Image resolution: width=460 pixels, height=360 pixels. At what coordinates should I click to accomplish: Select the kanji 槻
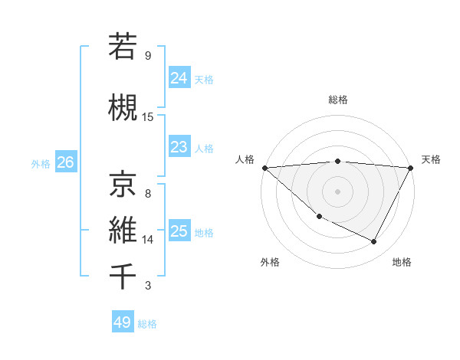(x=123, y=108)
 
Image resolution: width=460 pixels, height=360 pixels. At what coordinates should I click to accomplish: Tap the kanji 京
(x=123, y=183)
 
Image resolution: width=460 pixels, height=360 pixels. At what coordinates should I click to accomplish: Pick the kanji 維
(x=123, y=230)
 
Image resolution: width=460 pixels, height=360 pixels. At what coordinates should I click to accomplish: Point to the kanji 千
(x=123, y=277)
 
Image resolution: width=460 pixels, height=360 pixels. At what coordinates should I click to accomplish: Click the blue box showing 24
(x=179, y=78)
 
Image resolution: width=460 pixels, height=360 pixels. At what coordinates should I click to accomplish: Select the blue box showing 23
(x=179, y=147)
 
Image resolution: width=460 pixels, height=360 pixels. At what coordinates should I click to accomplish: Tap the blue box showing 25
(x=179, y=231)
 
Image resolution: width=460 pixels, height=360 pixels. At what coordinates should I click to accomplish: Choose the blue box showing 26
(x=65, y=162)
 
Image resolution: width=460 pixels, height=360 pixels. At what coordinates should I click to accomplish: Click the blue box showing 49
(x=123, y=322)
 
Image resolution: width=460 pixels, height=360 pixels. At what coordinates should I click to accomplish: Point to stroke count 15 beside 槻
(x=148, y=117)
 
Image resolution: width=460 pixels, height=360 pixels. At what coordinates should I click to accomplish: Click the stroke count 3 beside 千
(x=148, y=286)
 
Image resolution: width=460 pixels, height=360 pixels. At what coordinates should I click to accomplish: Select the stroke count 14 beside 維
(x=148, y=240)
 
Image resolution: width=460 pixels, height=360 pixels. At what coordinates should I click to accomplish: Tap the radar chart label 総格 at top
(x=337, y=100)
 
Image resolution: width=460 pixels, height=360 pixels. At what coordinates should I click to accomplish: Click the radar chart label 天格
(x=431, y=159)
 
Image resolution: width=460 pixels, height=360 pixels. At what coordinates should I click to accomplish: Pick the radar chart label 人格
(x=245, y=159)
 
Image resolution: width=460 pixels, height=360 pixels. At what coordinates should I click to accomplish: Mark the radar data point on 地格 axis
(x=374, y=242)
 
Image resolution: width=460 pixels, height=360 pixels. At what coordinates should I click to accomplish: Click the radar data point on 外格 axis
(x=319, y=216)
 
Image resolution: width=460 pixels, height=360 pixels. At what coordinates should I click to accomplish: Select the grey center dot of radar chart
(x=337, y=191)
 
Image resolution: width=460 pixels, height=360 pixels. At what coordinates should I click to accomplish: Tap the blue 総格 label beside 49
(x=148, y=324)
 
